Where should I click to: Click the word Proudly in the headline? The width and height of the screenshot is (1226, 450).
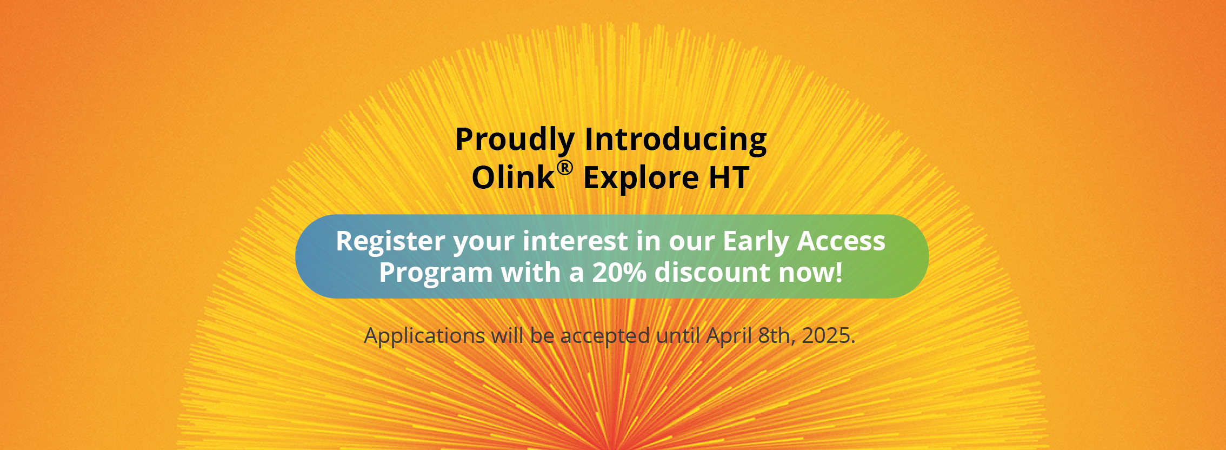pyautogui.click(x=514, y=140)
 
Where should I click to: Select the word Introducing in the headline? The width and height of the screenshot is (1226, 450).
pyautogui.click(x=676, y=140)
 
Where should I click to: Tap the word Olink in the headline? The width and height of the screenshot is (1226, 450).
pyautogui.click(x=513, y=178)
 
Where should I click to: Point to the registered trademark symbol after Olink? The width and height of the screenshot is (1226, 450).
pyautogui.click(x=564, y=168)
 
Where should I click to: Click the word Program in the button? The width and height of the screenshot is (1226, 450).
pyautogui.click(x=436, y=273)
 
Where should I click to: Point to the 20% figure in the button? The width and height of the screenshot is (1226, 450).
pyautogui.click(x=619, y=273)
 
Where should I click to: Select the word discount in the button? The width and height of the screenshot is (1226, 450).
pyautogui.click(x=712, y=273)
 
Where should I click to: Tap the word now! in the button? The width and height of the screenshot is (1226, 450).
pyautogui.click(x=811, y=273)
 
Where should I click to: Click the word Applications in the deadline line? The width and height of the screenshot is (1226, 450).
pyautogui.click(x=424, y=336)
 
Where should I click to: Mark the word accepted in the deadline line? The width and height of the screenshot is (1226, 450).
pyautogui.click(x=605, y=336)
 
